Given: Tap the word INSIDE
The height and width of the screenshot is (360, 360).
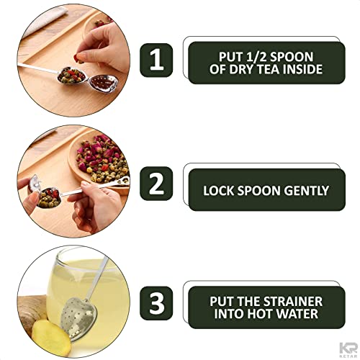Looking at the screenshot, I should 308,71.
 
